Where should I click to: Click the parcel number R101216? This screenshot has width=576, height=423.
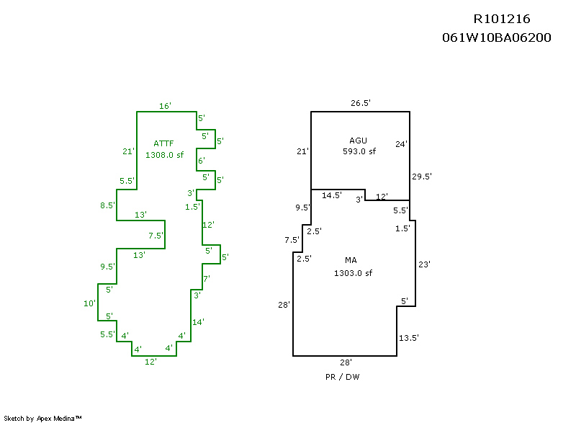501,19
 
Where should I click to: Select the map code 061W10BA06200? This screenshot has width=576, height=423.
496,37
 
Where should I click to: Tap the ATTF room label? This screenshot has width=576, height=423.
163,143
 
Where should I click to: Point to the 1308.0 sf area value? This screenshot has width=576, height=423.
165,154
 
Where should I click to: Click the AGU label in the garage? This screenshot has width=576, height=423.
358,140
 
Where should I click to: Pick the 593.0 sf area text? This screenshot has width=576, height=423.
359,151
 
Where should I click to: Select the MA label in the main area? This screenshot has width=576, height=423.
351,260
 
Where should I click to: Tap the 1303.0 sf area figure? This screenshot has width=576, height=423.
353,273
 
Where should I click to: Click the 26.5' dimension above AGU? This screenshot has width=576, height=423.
360,103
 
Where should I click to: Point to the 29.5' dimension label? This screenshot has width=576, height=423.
421,177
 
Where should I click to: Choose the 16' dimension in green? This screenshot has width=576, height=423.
165,106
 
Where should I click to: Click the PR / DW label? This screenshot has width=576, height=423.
343,377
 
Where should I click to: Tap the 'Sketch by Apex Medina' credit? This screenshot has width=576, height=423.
43,418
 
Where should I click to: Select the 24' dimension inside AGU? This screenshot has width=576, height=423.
401,143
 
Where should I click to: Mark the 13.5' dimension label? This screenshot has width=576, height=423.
408,337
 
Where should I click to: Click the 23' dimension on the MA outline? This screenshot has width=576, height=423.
424,264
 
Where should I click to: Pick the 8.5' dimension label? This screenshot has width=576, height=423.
107,205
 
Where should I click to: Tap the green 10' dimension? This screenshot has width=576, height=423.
90,303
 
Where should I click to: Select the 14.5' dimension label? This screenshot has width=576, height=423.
332,195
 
